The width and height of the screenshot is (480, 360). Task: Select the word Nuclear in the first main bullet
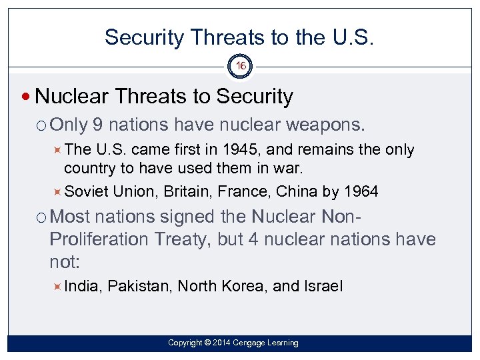coord(73,97)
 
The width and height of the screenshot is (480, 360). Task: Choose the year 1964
coord(361,192)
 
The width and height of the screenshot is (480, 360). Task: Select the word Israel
coord(323,287)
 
